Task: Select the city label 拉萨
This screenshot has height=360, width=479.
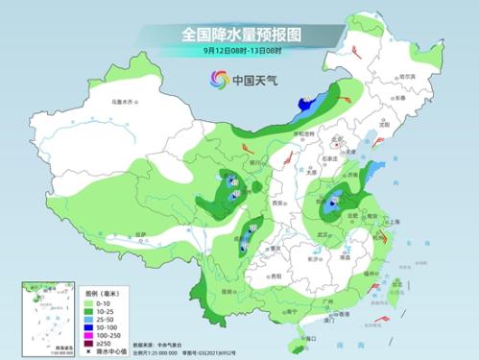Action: pyautogui.click(x=141, y=233)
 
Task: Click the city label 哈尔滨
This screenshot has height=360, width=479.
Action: pyautogui.click(x=407, y=76)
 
